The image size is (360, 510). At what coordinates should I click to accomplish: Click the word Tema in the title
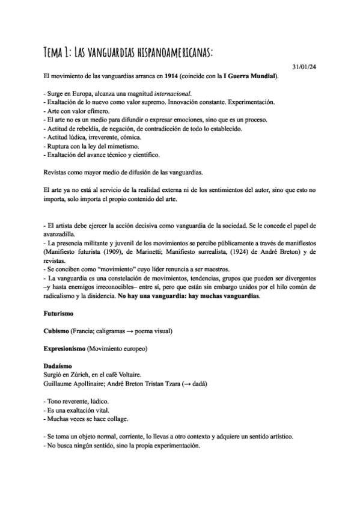tap(57, 53)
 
